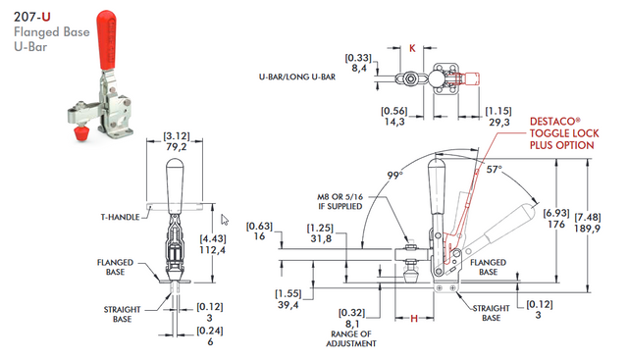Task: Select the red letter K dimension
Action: tap(412, 46)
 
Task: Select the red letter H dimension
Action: tap(414, 319)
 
